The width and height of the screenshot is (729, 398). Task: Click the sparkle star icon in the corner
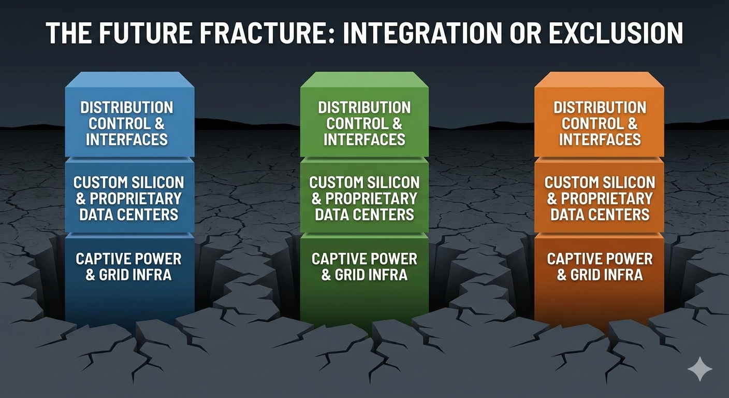click(x=699, y=368)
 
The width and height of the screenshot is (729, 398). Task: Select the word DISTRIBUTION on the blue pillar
click(x=127, y=108)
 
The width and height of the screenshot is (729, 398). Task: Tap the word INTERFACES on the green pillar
click(x=364, y=139)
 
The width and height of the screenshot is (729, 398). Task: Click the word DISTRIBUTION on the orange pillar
click(x=600, y=108)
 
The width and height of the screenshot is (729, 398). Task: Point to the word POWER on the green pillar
click(x=393, y=259)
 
